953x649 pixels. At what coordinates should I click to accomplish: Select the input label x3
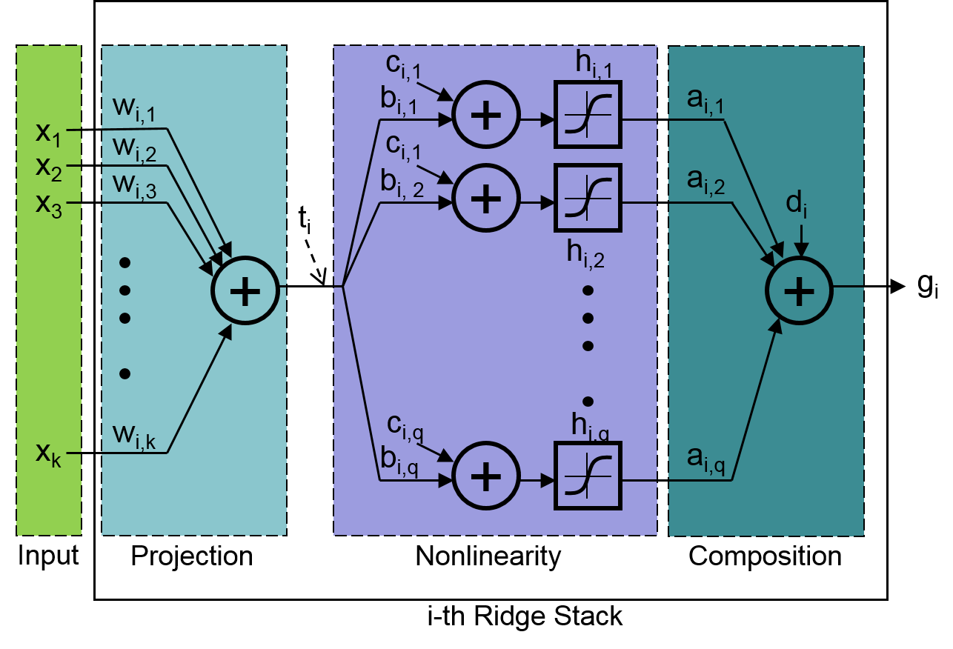pos(47,204)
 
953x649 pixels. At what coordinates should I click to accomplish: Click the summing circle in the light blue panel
pos(245,290)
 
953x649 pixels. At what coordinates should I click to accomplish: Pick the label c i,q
pos(405,425)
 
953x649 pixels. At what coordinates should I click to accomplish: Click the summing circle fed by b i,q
pos(486,476)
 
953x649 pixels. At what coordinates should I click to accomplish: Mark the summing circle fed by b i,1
pos(486,114)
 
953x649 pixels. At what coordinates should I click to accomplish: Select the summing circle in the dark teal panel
pos(799,290)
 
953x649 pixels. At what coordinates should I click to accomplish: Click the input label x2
pos(47,169)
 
